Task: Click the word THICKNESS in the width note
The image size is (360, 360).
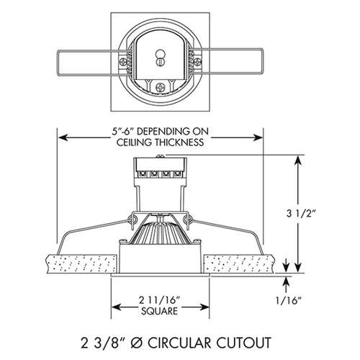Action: pos(183,143)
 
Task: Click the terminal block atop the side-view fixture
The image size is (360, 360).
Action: pos(161,174)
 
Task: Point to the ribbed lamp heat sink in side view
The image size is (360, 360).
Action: pos(161,234)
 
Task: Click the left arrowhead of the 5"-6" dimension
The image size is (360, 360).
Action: pos(62,136)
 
